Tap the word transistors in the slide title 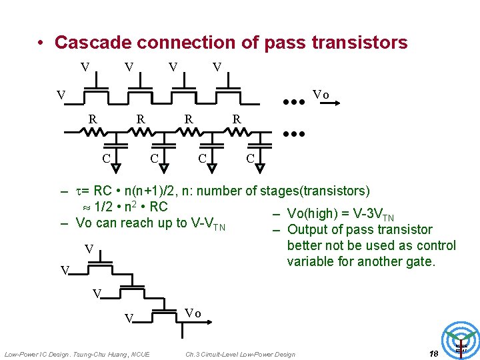click(x=358, y=43)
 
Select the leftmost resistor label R click(x=94, y=119)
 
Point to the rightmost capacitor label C click(x=250, y=158)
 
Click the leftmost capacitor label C click(x=105, y=158)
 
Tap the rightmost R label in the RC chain click(x=236, y=119)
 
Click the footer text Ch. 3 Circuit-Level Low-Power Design click(x=240, y=354)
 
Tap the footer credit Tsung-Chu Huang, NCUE click(x=113, y=354)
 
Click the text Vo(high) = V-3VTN click(x=340, y=214)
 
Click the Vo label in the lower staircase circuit click(x=192, y=313)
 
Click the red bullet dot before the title click(x=41, y=43)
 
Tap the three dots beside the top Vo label click(x=293, y=102)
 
